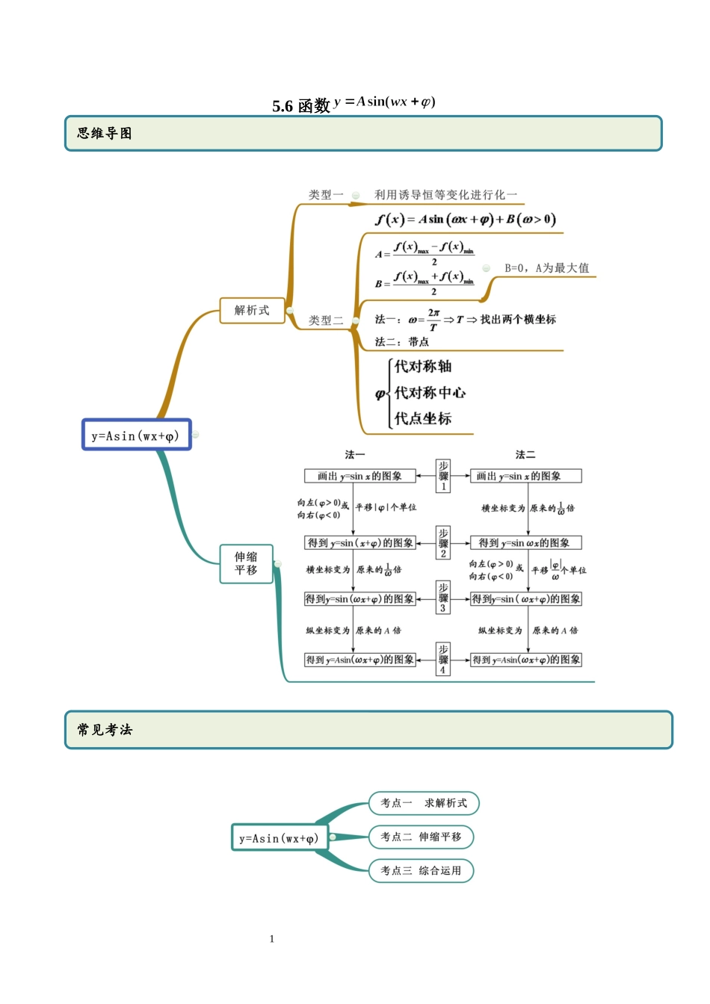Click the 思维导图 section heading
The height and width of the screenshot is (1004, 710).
click(105, 134)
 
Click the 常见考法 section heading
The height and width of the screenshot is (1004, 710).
click(105, 730)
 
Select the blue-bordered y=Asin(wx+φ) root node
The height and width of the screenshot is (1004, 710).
click(136, 436)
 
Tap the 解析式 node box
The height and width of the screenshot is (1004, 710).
click(252, 310)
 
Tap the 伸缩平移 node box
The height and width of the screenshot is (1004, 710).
click(246, 563)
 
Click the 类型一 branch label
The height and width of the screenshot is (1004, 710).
click(326, 195)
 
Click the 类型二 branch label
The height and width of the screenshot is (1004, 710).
click(326, 320)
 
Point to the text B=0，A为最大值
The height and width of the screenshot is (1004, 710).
click(546, 268)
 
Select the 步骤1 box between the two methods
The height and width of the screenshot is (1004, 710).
click(443, 476)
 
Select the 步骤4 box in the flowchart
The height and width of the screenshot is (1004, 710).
click(443, 660)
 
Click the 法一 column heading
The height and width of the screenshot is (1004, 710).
click(355, 454)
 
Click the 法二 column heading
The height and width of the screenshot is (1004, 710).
click(525, 454)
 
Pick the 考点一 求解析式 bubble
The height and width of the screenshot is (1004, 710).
click(424, 803)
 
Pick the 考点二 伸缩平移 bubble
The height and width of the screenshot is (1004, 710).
click(421, 837)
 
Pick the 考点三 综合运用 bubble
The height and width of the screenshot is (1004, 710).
click(421, 870)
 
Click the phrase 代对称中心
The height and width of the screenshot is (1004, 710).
click(430, 393)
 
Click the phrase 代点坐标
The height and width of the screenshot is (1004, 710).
click(423, 419)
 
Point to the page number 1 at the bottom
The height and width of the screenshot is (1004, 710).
click(272, 939)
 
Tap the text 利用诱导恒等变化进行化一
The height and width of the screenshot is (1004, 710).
click(445, 195)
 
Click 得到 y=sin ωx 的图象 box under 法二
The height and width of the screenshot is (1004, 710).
click(525, 543)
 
